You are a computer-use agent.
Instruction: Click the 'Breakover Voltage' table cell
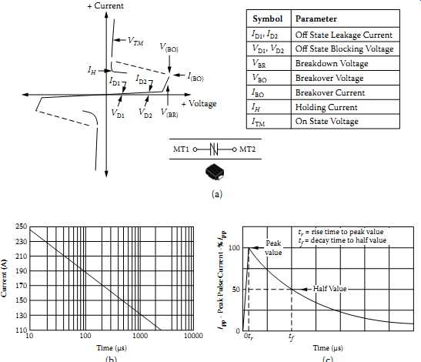click(329, 78)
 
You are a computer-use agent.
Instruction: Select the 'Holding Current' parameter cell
click(326, 107)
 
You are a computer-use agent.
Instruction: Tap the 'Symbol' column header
click(267, 18)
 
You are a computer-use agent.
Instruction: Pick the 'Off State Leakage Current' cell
click(344, 35)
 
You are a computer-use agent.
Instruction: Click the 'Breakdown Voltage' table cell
click(332, 63)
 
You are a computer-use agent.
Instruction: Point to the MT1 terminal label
click(181, 149)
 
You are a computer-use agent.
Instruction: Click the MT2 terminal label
click(247, 149)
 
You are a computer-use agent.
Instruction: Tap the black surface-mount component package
click(215, 172)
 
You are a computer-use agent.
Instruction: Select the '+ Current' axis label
click(105, 6)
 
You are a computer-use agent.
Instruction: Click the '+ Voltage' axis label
click(199, 103)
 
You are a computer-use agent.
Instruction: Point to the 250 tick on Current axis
click(22, 226)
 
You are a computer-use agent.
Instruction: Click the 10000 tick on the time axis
click(193, 336)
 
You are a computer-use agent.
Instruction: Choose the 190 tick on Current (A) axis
click(22, 270)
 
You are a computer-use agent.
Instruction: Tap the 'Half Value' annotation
click(329, 289)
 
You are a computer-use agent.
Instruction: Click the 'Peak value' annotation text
click(273, 248)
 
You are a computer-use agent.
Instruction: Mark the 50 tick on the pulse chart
click(236, 290)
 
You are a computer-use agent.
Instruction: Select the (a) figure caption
click(217, 194)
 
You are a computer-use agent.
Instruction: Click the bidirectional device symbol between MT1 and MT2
click(214, 149)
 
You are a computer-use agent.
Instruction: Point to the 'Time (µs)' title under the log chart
click(112, 348)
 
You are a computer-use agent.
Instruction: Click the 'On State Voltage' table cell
click(327, 121)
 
